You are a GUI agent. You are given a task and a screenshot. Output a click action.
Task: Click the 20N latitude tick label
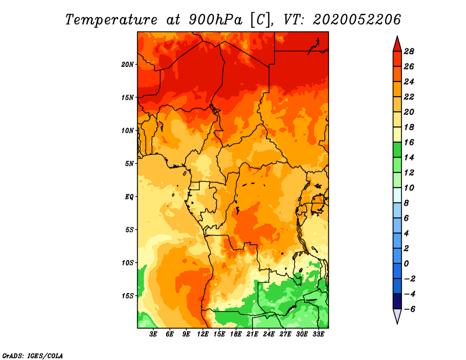128,65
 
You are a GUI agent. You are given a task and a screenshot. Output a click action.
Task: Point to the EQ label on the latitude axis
129,197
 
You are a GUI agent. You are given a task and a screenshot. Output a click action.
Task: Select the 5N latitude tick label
129,164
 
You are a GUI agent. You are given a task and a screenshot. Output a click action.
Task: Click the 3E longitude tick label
153,334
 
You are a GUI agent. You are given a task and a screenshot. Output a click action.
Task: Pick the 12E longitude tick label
203,334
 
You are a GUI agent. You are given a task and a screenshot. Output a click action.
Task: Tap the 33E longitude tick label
318,334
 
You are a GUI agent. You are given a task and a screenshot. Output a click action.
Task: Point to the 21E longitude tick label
252,334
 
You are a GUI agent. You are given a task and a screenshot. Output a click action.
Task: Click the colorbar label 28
409,51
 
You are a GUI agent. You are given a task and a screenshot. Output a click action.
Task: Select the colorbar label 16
409,142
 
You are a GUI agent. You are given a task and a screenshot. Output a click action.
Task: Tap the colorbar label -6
409,309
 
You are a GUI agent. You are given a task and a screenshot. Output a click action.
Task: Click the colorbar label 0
406,264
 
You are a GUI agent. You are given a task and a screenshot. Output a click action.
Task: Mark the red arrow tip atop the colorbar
397,36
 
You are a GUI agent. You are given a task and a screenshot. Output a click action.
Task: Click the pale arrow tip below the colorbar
397,323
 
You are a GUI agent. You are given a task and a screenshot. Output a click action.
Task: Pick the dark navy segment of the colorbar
397,301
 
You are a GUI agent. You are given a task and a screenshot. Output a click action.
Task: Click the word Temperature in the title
111,20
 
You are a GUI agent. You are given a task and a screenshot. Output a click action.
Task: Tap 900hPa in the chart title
216,20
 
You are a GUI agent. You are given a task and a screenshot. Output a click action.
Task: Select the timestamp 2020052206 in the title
357,20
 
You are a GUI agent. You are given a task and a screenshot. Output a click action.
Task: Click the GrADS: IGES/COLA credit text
33,356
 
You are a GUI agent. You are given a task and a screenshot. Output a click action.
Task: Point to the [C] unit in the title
260,20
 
